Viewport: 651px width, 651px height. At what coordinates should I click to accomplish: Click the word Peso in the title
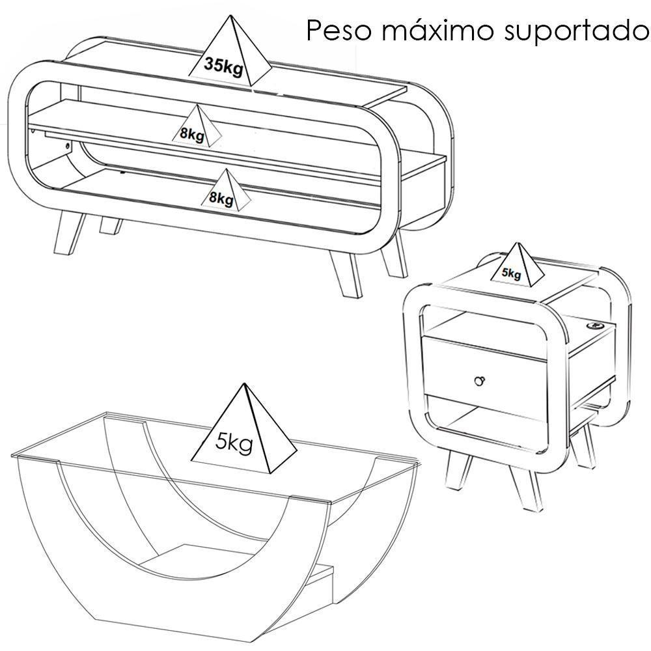[339, 31]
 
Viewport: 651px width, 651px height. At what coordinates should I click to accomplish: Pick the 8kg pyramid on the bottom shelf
[226, 190]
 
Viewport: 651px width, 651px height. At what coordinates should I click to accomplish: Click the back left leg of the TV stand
[111, 225]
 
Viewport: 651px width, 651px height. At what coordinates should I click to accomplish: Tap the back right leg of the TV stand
[395, 255]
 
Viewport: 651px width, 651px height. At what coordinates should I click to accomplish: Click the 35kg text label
[223, 66]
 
